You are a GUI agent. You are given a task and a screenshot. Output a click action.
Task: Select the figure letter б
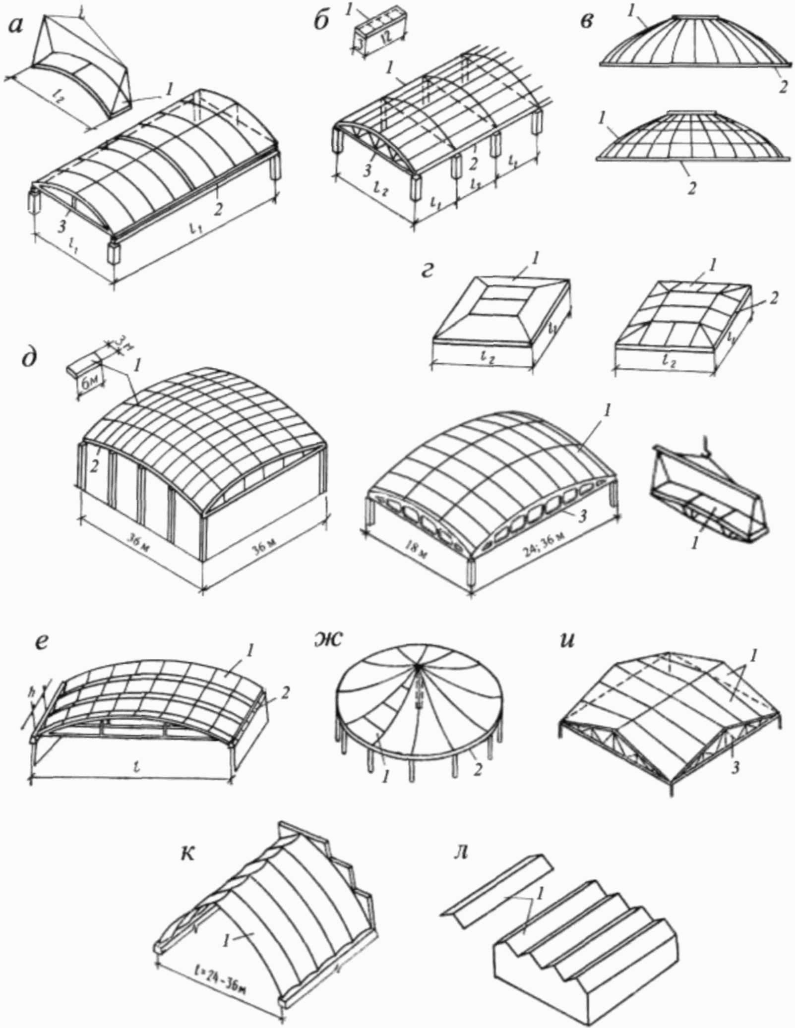pyautogui.click(x=321, y=22)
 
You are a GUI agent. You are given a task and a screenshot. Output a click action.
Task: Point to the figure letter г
pyautogui.click(x=428, y=272)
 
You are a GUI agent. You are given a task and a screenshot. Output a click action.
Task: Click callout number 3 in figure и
pyautogui.click(x=736, y=782)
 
